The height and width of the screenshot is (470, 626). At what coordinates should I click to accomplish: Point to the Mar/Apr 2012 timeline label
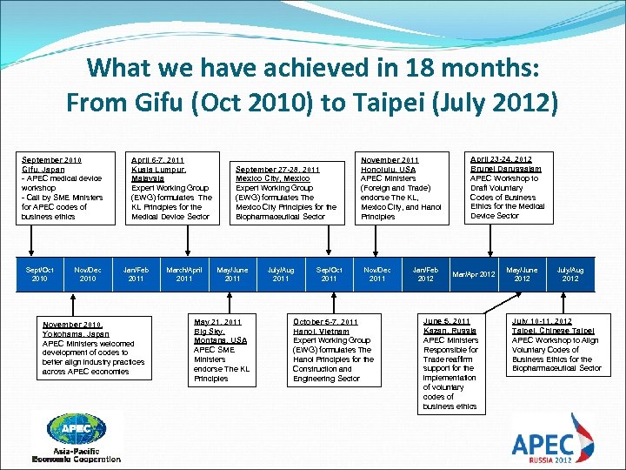pyautogui.click(x=473, y=274)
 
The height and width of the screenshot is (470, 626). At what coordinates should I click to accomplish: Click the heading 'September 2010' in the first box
pyautogui.click(x=51, y=160)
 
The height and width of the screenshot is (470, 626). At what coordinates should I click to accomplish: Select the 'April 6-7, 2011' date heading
pyautogui.click(x=157, y=160)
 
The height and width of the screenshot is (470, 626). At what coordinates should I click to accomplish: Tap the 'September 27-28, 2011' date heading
pyautogui.click(x=277, y=169)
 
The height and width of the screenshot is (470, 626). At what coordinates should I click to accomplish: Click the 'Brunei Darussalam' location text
pyautogui.click(x=505, y=169)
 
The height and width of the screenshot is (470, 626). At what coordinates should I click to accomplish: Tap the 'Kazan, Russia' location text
pyautogui.click(x=449, y=331)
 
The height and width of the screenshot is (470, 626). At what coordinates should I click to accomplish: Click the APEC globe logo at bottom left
pyautogui.click(x=77, y=430)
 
